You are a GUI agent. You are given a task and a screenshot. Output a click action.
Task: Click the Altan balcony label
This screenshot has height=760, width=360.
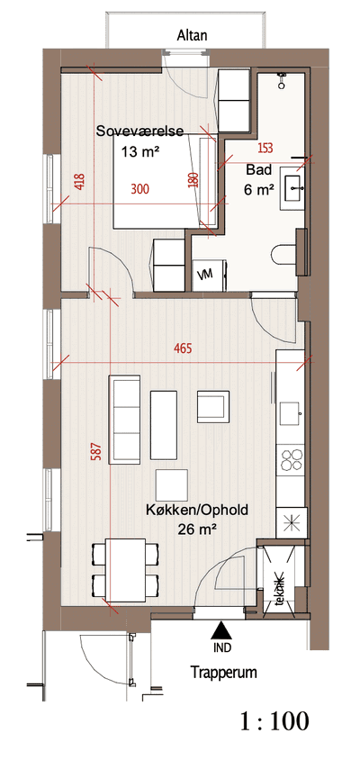(193, 35)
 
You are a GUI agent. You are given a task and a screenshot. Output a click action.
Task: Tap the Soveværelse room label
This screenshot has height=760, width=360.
(139, 131)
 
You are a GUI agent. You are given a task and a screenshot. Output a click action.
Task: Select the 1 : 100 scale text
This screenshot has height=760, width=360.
(274, 721)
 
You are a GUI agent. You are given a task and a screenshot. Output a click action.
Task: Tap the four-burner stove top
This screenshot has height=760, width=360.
(292, 459)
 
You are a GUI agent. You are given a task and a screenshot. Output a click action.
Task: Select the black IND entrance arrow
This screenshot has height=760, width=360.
(222, 630)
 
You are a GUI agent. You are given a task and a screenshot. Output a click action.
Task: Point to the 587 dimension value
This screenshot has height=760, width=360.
(98, 452)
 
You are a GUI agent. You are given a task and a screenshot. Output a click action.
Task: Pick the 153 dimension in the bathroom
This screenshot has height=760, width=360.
(265, 149)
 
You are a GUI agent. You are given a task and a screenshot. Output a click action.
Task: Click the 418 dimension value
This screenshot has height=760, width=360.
(80, 182)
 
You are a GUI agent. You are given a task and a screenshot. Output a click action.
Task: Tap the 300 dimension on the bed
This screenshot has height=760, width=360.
(140, 189)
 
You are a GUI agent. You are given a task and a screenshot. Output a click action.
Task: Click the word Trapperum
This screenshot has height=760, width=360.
(223, 673)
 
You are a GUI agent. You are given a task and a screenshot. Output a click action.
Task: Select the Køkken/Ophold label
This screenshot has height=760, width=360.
(197, 510)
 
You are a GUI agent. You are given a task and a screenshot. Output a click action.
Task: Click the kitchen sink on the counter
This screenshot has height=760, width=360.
(292, 413)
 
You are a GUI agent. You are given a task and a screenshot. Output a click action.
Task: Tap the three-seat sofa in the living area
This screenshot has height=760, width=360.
(125, 417)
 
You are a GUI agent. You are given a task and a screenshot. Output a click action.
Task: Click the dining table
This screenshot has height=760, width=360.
(126, 569)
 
